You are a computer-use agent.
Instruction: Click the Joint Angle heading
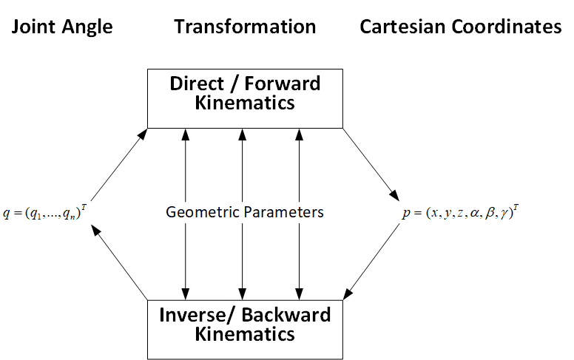point(61,27)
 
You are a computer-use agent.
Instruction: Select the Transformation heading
point(245,27)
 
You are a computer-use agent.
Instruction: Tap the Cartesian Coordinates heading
point(461,27)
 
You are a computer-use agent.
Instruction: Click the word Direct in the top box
point(195,83)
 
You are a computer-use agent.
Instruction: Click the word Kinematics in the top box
point(245,102)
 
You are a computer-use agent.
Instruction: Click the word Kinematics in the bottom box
point(245,333)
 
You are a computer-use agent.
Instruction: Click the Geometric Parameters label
point(245,212)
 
